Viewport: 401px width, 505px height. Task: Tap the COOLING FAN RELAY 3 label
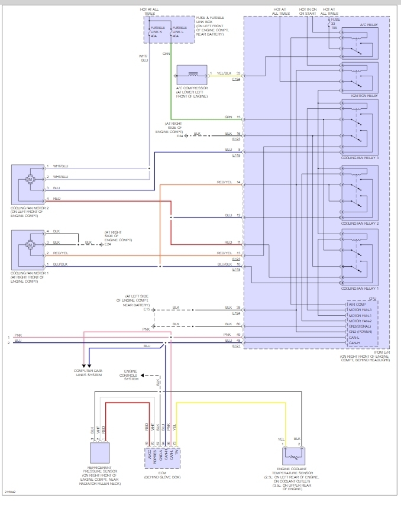360,158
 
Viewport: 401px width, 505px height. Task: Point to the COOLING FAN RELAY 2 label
360,224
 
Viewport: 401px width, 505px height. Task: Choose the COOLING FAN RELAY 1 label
360,288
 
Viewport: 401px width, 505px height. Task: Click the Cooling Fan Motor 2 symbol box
28,185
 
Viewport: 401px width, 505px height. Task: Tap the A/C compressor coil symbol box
192,75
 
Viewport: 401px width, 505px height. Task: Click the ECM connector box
166,455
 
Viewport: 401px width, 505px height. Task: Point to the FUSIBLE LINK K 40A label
158,30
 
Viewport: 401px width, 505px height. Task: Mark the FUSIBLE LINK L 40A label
180,30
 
